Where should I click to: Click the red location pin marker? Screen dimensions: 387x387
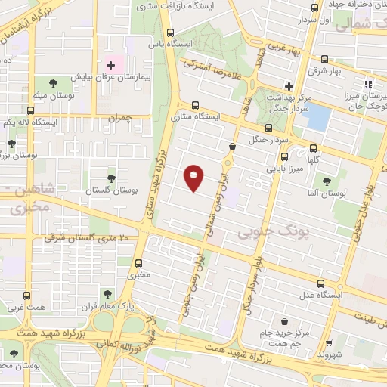tap(194, 178)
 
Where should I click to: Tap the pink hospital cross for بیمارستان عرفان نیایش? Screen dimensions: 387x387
tap(110, 66)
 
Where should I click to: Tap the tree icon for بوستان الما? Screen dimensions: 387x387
tap(327, 181)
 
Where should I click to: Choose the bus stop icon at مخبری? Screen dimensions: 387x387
tap(138, 263)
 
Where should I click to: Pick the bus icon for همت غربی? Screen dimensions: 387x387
tap(27, 296)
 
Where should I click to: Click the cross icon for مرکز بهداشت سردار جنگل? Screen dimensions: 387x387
tap(288, 85)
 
